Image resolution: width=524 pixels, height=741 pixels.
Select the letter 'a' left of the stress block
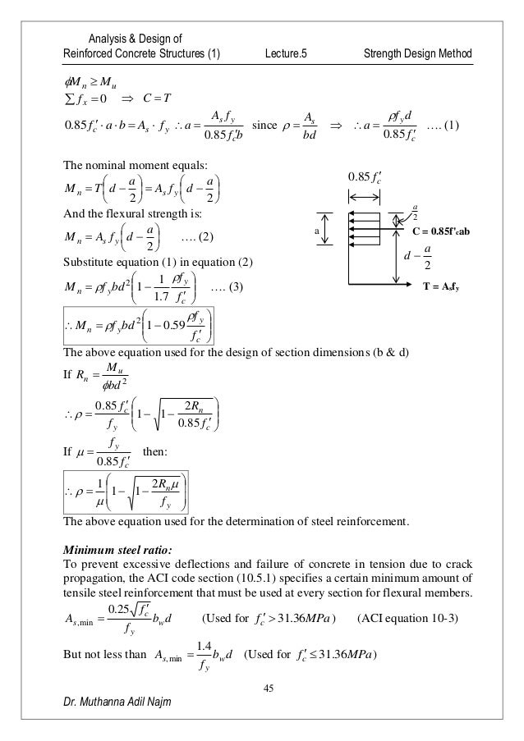(x=313, y=232)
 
